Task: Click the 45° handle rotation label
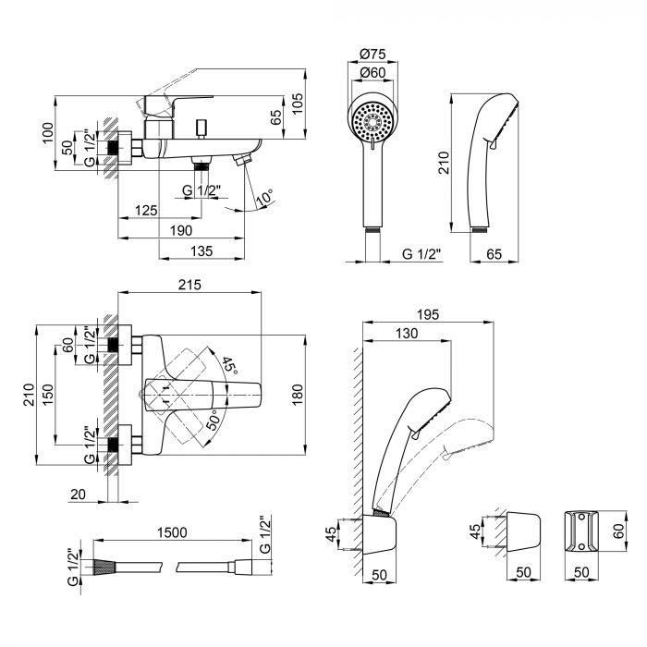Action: coord(228,363)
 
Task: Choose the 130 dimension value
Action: coord(404,334)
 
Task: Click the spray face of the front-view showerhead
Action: coord(372,121)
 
